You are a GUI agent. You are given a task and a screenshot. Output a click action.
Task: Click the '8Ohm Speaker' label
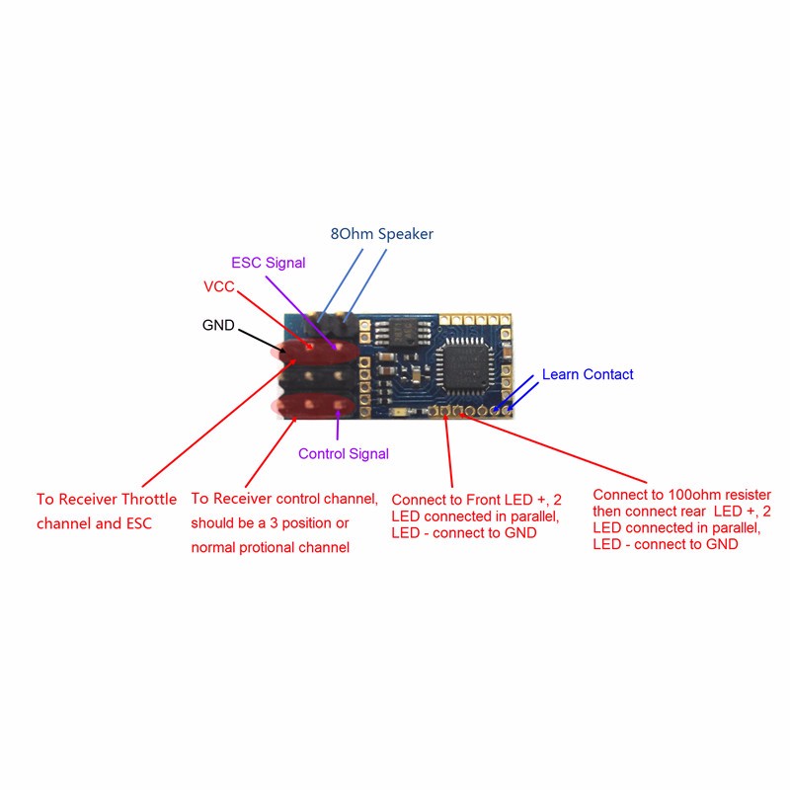pyautogui.click(x=381, y=234)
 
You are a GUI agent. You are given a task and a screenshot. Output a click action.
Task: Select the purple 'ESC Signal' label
pyautogui.click(x=268, y=264)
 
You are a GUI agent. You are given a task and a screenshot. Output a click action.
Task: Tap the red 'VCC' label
pyautogui.click(x=219, y=287)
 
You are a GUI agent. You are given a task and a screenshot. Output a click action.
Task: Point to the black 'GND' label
pyautogui.click(x=218, y=325)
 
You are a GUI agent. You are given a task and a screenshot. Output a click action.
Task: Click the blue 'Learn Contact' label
pyautogui.click(x=588, y=375)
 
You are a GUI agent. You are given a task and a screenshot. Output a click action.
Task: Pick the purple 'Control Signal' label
pyautogui.click(x=344, y=454)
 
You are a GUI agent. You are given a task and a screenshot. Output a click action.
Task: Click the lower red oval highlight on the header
pyautogui.click(x=312, y=405)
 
